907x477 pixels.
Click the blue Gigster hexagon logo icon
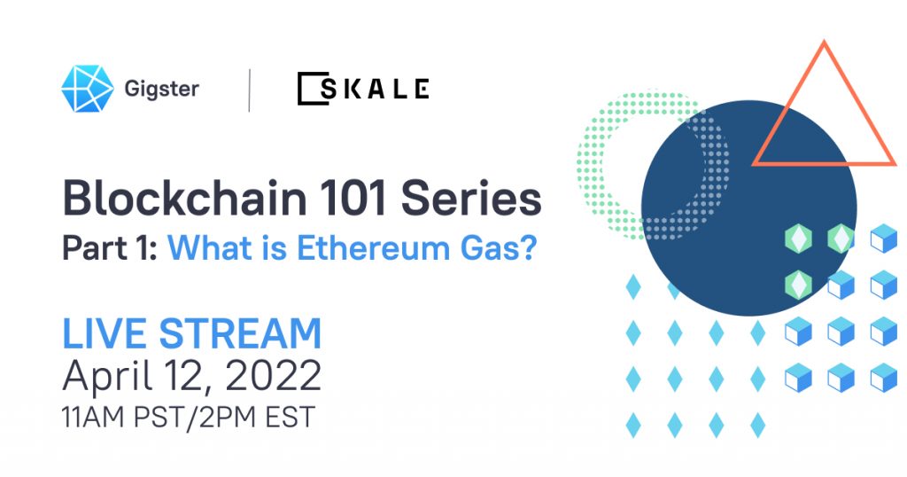click(88, 89)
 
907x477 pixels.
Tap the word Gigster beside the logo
click(162, 90)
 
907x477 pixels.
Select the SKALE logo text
click(363, 89)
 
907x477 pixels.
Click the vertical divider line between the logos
click(249, 90)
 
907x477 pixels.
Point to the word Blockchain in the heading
click(184, 198)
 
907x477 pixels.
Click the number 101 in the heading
click(353, 198)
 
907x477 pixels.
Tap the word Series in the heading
click(471, 198)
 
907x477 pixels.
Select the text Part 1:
click(110, 247)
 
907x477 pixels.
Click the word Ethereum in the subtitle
click(374, 247)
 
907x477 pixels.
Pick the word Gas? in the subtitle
click(499, 247)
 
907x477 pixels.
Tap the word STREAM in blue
click(240, 333)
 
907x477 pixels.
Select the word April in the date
click(107, 376)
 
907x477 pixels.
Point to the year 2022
click(273, 375)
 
